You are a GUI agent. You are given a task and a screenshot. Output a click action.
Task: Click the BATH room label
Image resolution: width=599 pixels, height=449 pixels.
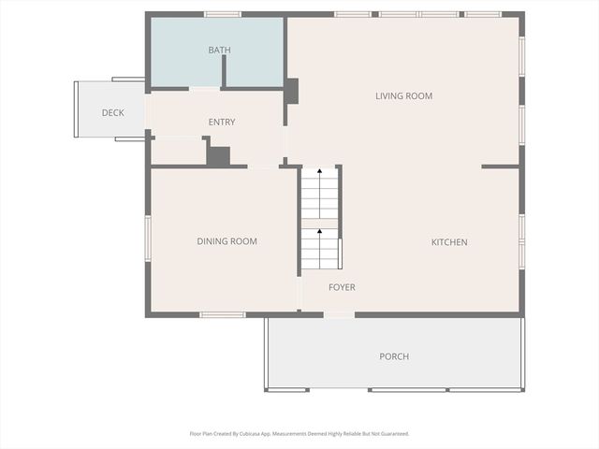[219, 51]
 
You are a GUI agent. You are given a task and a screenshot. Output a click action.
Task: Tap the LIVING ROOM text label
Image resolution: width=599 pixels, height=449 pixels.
[403, 95]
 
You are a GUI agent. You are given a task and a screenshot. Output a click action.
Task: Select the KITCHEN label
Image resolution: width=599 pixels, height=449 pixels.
[448, 242]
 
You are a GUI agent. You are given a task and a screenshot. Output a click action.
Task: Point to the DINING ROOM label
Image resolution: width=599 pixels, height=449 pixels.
[226, 241]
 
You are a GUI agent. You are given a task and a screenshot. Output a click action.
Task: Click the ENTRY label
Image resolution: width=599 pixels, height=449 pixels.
[222, 122]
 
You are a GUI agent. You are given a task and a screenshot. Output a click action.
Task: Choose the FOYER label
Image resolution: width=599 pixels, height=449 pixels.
[342, 287]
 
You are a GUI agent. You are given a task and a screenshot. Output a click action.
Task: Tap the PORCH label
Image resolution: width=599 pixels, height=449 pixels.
[394, 356]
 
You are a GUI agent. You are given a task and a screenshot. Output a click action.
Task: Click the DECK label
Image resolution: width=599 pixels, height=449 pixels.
[112, 113]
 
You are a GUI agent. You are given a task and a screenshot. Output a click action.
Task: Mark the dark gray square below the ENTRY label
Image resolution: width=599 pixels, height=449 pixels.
[218, 156]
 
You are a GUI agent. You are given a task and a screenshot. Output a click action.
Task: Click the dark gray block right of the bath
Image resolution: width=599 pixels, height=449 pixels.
[291, 91]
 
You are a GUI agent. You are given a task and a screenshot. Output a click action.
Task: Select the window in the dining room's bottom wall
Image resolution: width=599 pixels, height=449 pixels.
[223, 314]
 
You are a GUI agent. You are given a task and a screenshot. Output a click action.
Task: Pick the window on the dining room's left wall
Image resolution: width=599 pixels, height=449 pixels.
[148, 238]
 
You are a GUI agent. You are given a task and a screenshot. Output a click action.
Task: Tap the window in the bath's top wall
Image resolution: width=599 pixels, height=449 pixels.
[223, 14]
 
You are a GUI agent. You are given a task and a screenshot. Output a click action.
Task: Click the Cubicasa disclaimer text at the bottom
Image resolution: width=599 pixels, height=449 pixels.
[299, 434]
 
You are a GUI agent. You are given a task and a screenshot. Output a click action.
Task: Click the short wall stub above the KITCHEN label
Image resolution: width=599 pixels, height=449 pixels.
[500, 167]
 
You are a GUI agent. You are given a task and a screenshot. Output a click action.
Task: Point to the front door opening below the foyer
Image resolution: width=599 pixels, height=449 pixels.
[339, 314]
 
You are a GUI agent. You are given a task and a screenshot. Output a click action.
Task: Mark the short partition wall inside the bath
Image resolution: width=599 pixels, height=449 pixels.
[225, 71]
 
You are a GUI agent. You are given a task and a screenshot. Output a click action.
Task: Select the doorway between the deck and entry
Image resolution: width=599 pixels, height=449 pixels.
[147, 110]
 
